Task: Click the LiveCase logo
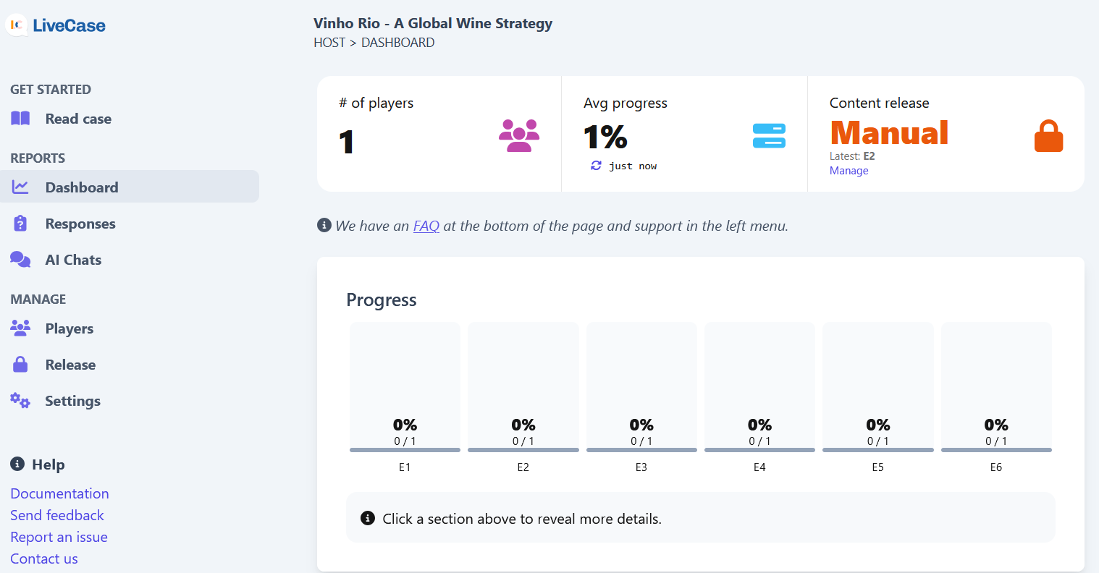[x=56, y=25]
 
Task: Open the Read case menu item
[x=77, y=119]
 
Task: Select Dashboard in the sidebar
[x=81, y=187]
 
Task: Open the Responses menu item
[x=80, y=224]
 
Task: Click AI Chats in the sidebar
[x=73, y=260]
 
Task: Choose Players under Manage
[x=69, y=328]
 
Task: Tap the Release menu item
[x=70, y=365]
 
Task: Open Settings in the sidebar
[x=72, y=401]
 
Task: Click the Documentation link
[x=59, y=493]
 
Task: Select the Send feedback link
[x=57, y=515]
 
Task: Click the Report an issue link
[x=59, y=537]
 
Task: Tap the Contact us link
[x=44, y=559]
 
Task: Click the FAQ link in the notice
[x=426, y=226]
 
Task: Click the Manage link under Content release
[x=849, y=171]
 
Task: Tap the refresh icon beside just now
[x=596, y=166]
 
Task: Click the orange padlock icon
[x=1048, y=136]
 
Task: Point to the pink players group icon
[x=519, y=135]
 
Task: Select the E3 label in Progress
[x=641, y=467]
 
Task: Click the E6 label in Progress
[x=995, y=467]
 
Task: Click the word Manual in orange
[x=889, y=133]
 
